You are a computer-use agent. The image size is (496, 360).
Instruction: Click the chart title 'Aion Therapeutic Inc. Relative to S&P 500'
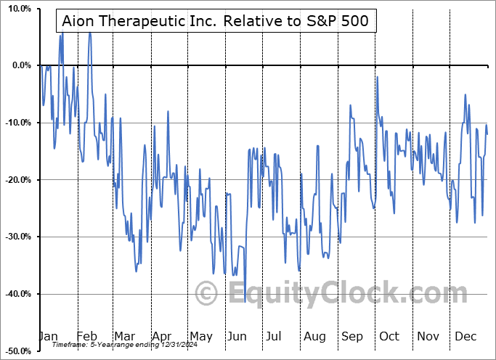(x=216, y=21)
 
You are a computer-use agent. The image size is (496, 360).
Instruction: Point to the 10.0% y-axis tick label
(x=18, y=9)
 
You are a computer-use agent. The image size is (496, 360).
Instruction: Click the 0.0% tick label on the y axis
(x=20, y=65)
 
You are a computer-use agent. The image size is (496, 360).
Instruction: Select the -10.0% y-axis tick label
(x=17, y=123)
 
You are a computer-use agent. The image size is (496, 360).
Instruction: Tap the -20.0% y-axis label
(x=17, y=180)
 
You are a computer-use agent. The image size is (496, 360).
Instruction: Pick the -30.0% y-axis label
(x=17, y=237)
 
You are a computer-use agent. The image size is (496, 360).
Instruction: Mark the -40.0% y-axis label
(x=17, y=294)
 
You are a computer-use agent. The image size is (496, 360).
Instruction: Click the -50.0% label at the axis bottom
(x=17, y=351)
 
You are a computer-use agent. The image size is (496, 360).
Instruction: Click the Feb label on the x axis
(x=87, y=336)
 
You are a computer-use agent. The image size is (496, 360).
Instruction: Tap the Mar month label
(x=125, y=336)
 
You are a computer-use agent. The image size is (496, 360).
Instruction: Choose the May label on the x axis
(x=200, y=336)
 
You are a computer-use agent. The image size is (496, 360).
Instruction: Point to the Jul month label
(x=275, y=336)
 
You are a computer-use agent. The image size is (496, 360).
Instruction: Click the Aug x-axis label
(x=314, y=336)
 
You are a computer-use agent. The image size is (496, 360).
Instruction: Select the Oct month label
(x=390, y=336)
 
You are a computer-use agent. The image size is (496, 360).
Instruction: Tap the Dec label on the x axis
(x=465, y=336)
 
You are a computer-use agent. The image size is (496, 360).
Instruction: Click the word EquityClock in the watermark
(x=337, y=294)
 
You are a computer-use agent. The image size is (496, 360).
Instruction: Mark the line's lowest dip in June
(x=245, y=292)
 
